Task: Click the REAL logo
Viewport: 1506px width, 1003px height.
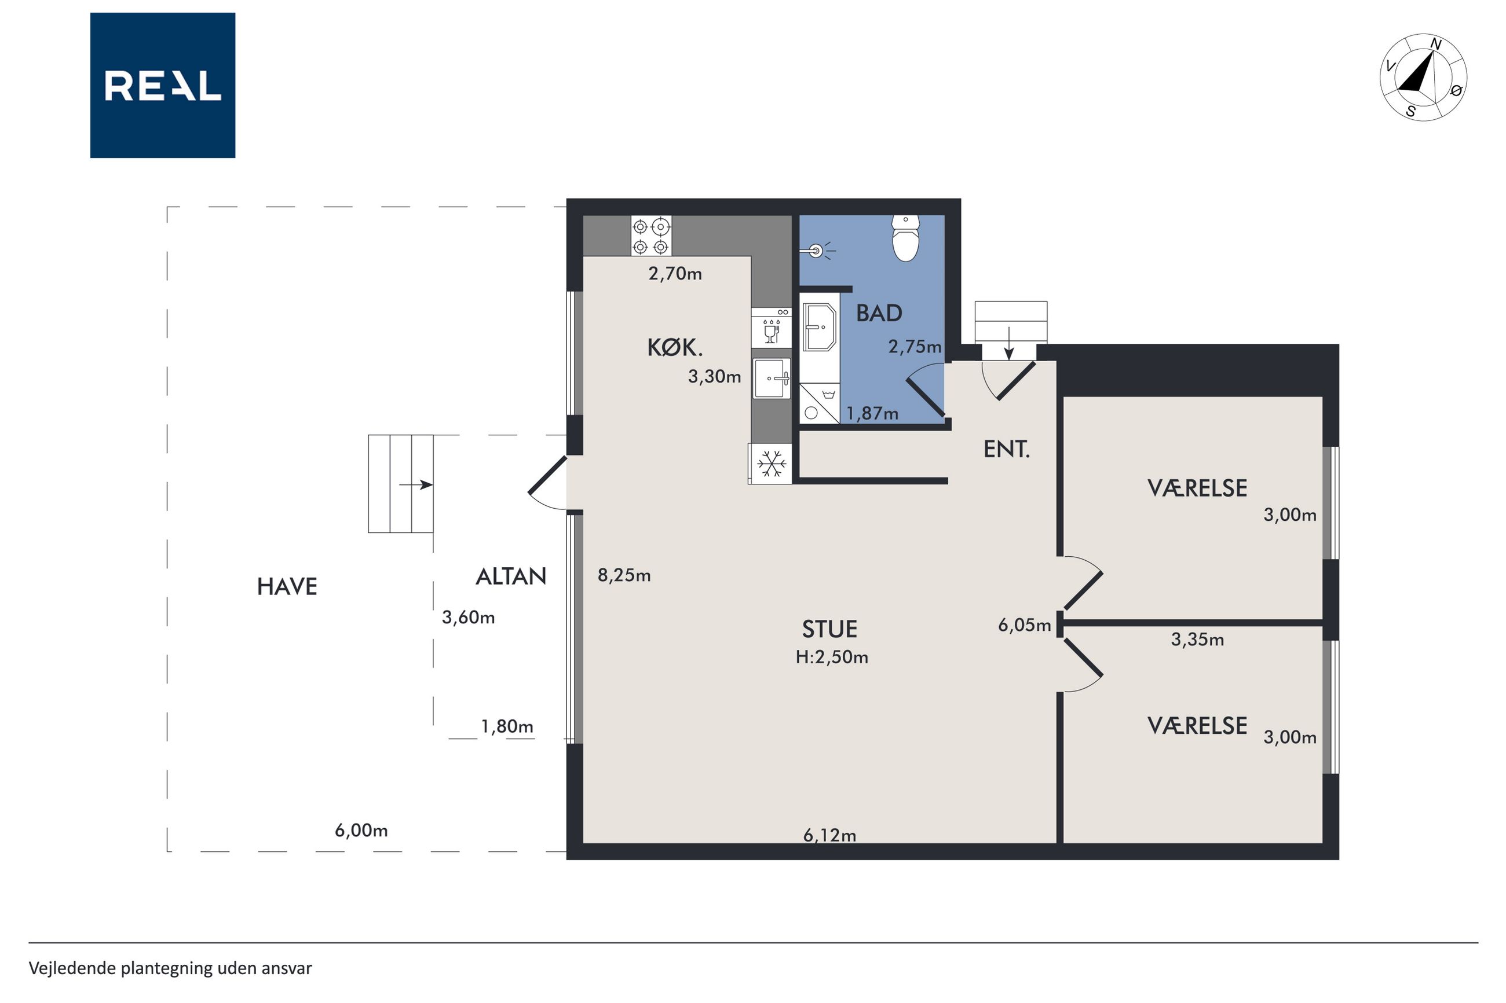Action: (x=163, y=85)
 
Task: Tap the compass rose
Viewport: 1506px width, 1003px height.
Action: (x=1423, y=78)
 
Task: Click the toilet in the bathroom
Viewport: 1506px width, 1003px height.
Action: (x=906, y=238)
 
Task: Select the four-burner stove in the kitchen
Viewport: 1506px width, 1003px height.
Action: (x=652, y=236)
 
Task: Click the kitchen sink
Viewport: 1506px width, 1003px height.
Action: (x=772, y=378)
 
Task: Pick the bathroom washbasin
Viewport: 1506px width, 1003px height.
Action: (x=820, y=327)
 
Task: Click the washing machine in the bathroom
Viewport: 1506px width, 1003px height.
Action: (x=819, y=402)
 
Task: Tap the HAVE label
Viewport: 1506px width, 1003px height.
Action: (x=287, y=586)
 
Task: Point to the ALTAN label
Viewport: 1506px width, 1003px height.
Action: (x=511, y=577)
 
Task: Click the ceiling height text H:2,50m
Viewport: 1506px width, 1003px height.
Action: (x=831, y=657)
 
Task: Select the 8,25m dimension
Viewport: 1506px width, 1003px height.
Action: (x=624, y=576)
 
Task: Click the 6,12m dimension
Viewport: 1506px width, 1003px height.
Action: (x=829, y=835)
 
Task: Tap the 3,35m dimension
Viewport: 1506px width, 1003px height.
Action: (x=1197, y=640)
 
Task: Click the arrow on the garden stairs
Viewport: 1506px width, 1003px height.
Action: (x=416, y=485)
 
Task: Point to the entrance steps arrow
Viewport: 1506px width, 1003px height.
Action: (x=1008, y=344)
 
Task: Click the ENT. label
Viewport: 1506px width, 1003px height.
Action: (x=1007, y=450)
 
